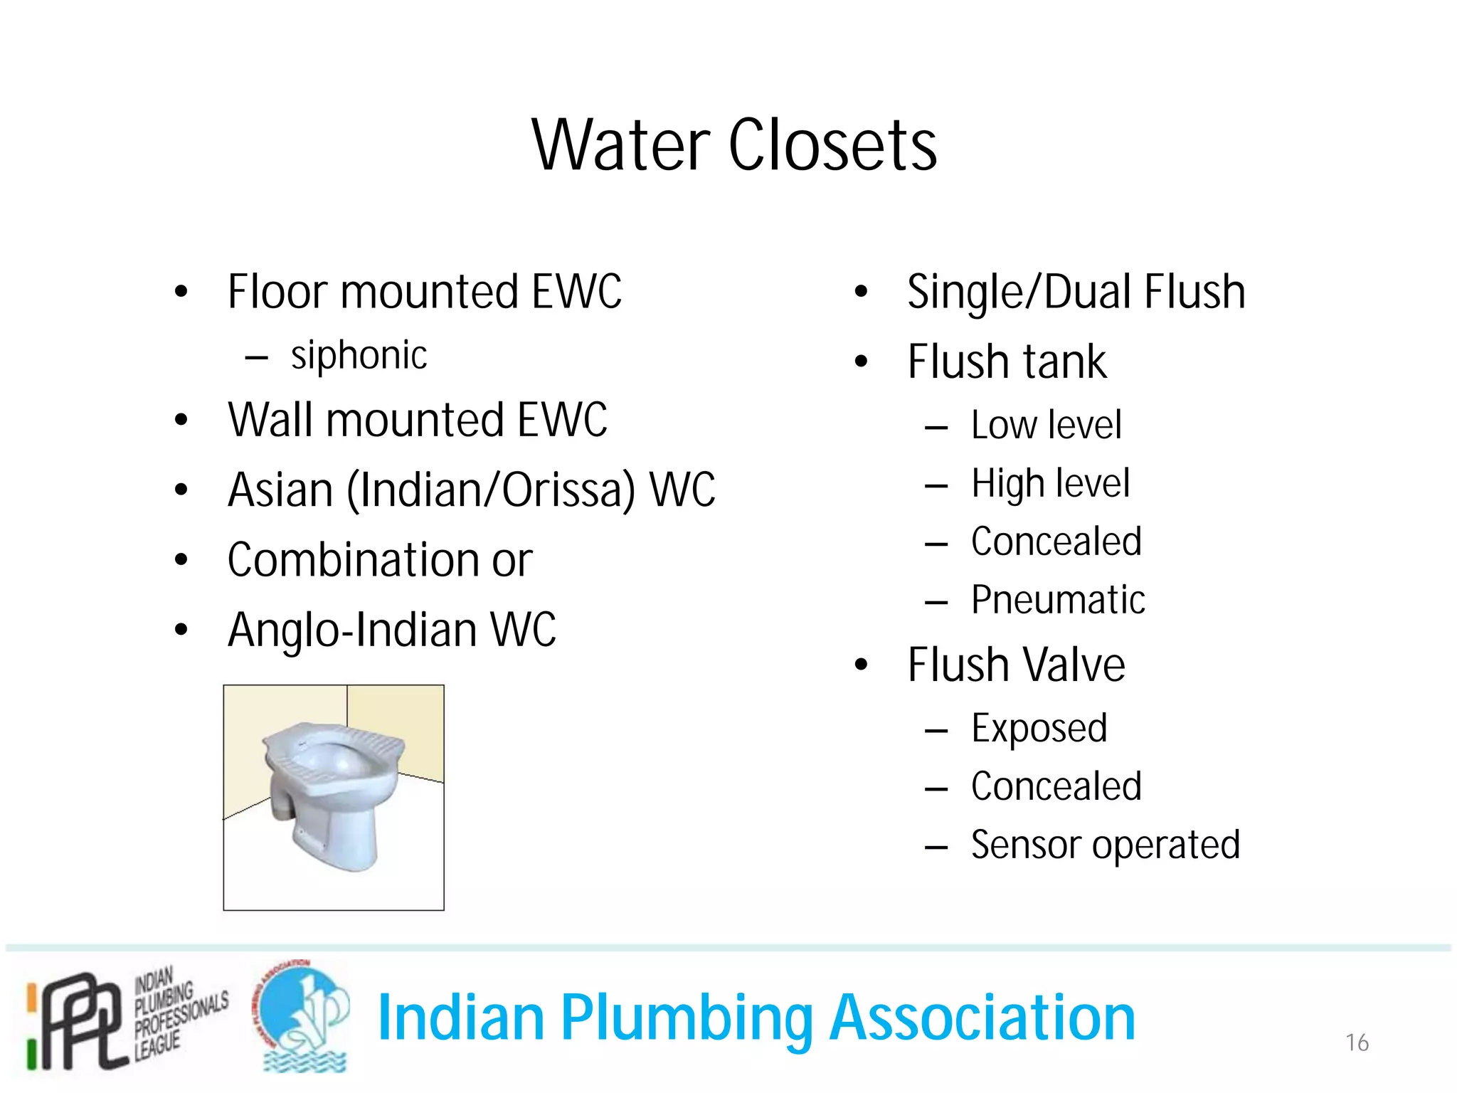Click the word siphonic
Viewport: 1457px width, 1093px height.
pyautogui.click(x=359, y=355)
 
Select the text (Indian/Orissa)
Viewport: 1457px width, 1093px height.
pyautogui.click(x=490, y=490)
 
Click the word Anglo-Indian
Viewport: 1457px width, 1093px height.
pyautogui.click(x=352, y=630)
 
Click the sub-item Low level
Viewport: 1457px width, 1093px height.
pyautogui.click(x=1046, y=426)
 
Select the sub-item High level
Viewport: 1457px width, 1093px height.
pyautogui.click(x=1050, y=484)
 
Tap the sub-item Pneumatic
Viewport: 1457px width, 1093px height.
pyautogui.click(x=1058, y=600)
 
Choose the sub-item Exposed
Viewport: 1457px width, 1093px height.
pyautogui.click(x=1039, y=729)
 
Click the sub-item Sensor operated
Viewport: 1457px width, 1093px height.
pyautogui.click(x=1105, y=845)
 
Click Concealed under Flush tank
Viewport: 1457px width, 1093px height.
pyautogui.click(x=1056, y=542)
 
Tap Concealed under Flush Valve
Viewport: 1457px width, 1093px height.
pyautogui.click(x=1056, y=787)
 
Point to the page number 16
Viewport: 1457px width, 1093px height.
pyautogui.click(x=1357, y=1042)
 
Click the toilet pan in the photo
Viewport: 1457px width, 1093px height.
pyautogui.click(x=332, y=790)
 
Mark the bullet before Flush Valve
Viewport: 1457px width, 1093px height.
pyautogui.click(x=862, y=665)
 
